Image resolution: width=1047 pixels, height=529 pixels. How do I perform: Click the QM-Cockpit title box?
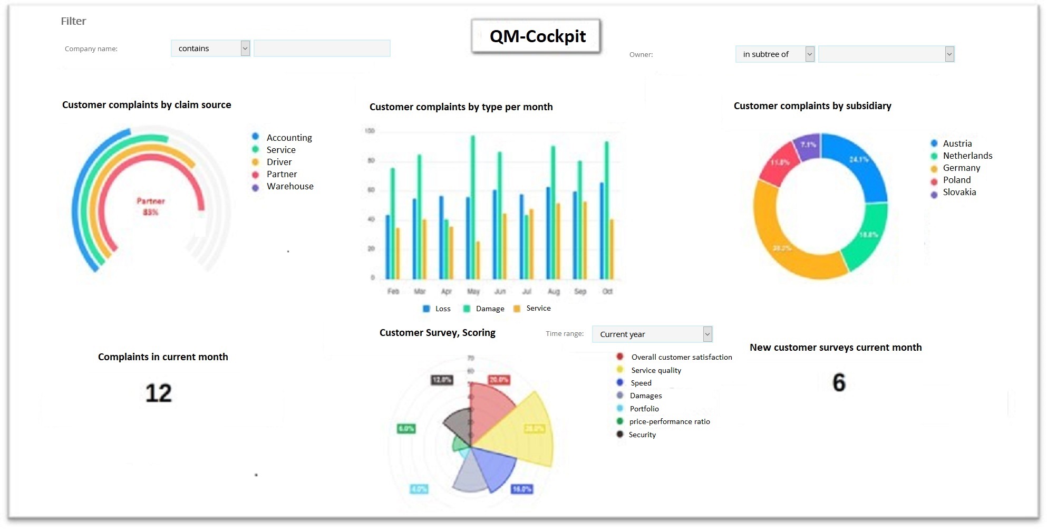pyautogui.click(x=536, y=36)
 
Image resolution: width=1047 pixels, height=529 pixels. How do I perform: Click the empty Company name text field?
pyautogui.click(x=322, y=49)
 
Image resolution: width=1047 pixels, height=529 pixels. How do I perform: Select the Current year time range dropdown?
pyautogui.click(x=652, y=334)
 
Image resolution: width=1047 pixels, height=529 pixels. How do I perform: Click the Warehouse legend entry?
pyautogui.click(x=289, y=186)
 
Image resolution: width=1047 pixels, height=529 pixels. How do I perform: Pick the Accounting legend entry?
pyautogui.click(x=289, y=138)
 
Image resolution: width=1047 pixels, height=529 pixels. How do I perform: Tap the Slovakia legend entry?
pyautogui.click(x=959, y=193)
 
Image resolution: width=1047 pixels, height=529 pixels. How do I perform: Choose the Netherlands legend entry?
pyautogui.click(x=967, y=156)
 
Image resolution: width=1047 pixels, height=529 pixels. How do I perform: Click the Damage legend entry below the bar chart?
pyautogui.click(x=489, y=309)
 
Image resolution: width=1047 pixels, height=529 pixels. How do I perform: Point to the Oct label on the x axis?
pyautogui.click(x=607, y=292)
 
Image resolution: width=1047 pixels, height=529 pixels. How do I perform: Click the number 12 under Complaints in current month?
pyautogui.click(x=159, y=393)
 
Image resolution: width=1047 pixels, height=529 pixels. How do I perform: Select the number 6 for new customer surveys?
pyautogui.click(x=839, y=383)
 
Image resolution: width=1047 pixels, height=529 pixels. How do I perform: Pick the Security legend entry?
pyautogui.click(x=642, y=435)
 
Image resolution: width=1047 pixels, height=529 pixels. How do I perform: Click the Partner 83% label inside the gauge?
pyautogui.click(x=151, y=207)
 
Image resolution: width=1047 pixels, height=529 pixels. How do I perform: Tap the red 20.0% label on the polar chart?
pyautogui.click(x=499, y=380)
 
